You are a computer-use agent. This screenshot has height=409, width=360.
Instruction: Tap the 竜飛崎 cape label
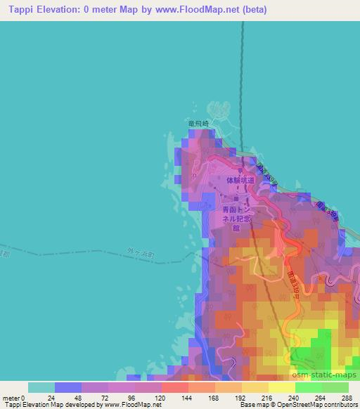(x=199, y=123)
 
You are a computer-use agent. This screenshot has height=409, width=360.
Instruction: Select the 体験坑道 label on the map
(x=240, y=180)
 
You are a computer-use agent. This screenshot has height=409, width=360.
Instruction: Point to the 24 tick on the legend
(x=55, y=397)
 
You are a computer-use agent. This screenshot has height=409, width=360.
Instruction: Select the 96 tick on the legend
(x=135, y=397)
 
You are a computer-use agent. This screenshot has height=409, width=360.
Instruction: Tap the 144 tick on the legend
(x=188, y=397)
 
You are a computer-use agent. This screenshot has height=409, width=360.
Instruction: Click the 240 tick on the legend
(x=295, y=397)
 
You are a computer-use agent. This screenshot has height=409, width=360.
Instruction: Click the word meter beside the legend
(x=11, y=397)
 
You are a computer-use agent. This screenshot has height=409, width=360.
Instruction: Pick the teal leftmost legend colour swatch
(x=41, y=387)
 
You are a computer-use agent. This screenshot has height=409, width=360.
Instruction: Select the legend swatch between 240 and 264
(x=308, y=387)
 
